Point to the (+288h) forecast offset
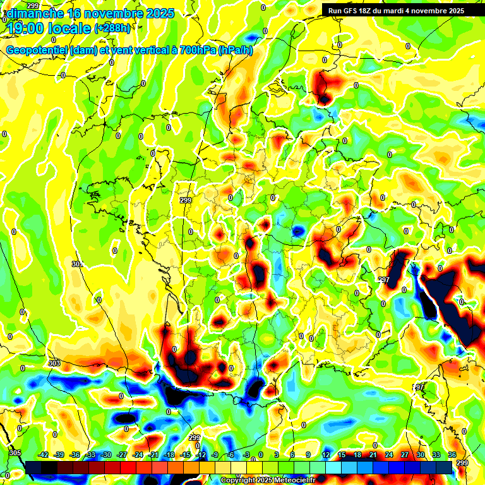tap(112, 28)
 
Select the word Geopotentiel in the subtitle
tap(37, 51)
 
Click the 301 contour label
tap(77, 264)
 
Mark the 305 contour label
tap(15, 453)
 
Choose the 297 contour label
tap(383, 279)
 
